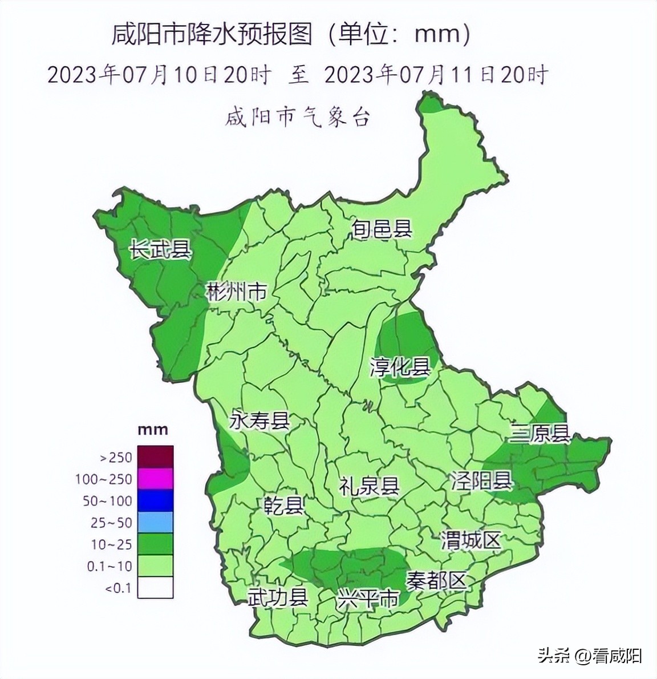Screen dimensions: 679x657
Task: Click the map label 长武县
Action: (160, 249)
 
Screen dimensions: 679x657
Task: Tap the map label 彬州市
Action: (236, 292)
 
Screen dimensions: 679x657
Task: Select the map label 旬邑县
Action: (382, 229)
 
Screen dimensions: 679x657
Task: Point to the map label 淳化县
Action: (400, 367)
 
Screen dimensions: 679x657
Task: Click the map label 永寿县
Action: (260, 421)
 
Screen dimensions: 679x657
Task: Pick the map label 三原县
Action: (540, 434)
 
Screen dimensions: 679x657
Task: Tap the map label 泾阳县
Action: (481, 480)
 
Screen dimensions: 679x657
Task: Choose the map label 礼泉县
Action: (370, 486)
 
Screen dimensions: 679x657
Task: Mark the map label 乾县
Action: (283, 506)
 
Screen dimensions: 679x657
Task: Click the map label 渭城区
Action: (471, 540)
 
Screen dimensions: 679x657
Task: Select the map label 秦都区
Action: (436, 581)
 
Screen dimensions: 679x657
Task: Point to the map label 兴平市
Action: (368, 600)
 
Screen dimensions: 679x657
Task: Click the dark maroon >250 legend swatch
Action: (156, 456)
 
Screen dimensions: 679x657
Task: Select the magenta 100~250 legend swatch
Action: (156, 479)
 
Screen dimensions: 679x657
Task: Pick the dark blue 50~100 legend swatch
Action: (156, 500)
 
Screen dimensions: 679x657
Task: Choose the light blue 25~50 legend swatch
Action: (156, 522)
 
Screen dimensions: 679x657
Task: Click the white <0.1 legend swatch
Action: (156, 587)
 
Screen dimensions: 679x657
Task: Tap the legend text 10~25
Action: (112, 544)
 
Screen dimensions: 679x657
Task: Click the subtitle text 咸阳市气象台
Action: (298, 118)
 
